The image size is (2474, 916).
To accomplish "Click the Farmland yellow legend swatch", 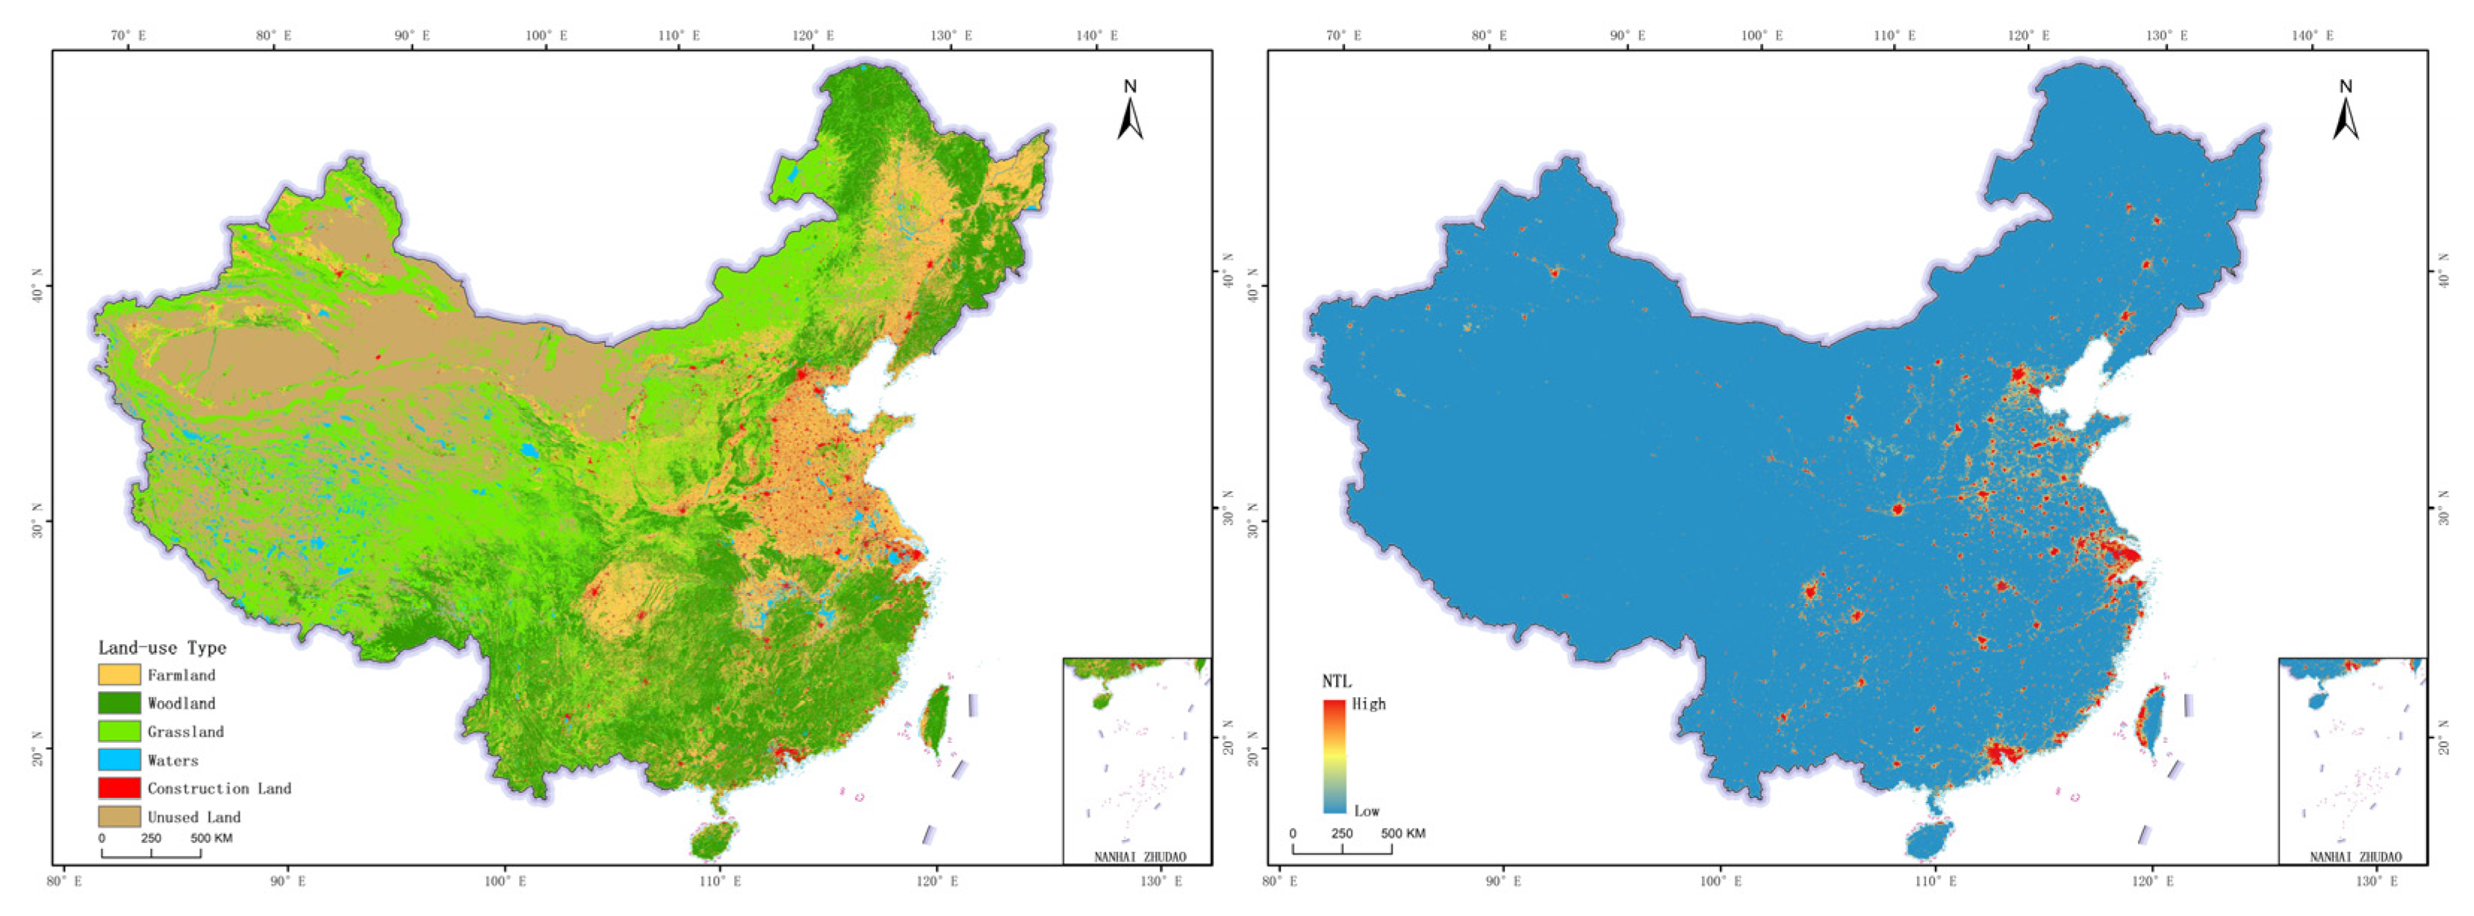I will pyautogui.click(x=119, y=675).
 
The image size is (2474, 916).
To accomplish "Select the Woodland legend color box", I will pyautogui.click(x=119, y=702).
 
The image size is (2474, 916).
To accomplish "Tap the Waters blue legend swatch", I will pyautogui.click(x=119, y=759).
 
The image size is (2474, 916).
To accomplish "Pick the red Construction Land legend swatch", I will pyautogui.click(x=119, y=788).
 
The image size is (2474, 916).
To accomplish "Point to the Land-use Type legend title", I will pyautogui.click(x=162, y=647).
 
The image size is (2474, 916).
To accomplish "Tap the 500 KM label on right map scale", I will pyautogui.click(x=1403, y=833).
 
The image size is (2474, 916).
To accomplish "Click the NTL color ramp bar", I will pyautogui.click(x=1334, y=756).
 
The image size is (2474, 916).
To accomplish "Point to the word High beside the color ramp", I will pyautogui.click(x=1369, y=704).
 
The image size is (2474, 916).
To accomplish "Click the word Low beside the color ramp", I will pyautogui.click(x=1367, y=811).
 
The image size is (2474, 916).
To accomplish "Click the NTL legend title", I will pyautogui.click(x=1336, y=682).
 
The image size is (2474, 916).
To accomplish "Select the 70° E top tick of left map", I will pyautogui.click(x=128, y=36).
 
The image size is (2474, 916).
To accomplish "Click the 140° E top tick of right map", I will pyautogui.click(x=2313, y=36).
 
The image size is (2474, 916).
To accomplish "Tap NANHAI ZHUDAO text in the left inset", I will pyautogui.click(x=1140, y=856).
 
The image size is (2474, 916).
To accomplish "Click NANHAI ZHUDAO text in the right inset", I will pyautogui.click(x=2355, y=856).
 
